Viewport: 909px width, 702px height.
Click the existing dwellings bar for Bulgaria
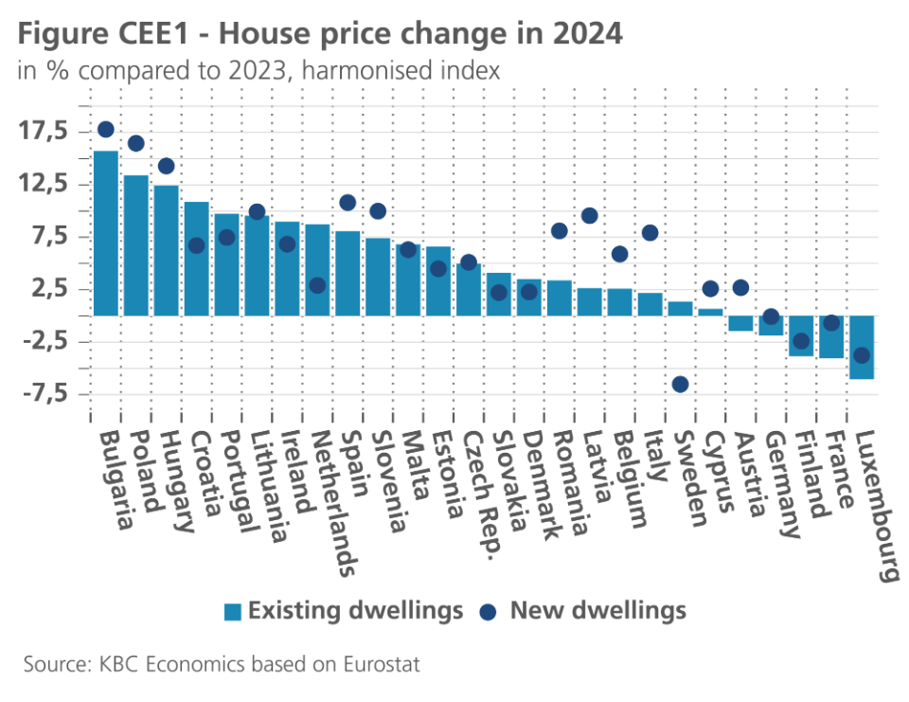(x=105, y=233)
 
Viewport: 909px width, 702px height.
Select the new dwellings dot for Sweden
(x=680, y=384)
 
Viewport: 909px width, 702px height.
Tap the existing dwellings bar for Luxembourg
(x=862, y=347)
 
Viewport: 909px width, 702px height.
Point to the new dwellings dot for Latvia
(x=589, y=216)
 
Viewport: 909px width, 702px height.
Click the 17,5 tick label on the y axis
(x=46, y=131)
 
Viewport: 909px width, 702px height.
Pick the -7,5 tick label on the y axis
(x=43, y=394)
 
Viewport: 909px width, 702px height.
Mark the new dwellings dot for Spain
(x=348, y=203)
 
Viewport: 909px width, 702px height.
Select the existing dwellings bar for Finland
(x=801, y=335)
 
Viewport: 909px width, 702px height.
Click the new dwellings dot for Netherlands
(x=317, y=285)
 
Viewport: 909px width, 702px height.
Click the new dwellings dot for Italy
(x=650, y=233)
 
